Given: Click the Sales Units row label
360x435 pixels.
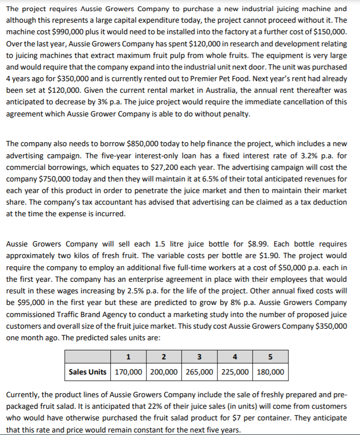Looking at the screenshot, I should [x=88, y=372].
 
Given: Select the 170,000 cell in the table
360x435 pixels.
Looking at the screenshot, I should [x=128, y=372].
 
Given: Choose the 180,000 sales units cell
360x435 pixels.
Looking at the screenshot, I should [x=269, y=372].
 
